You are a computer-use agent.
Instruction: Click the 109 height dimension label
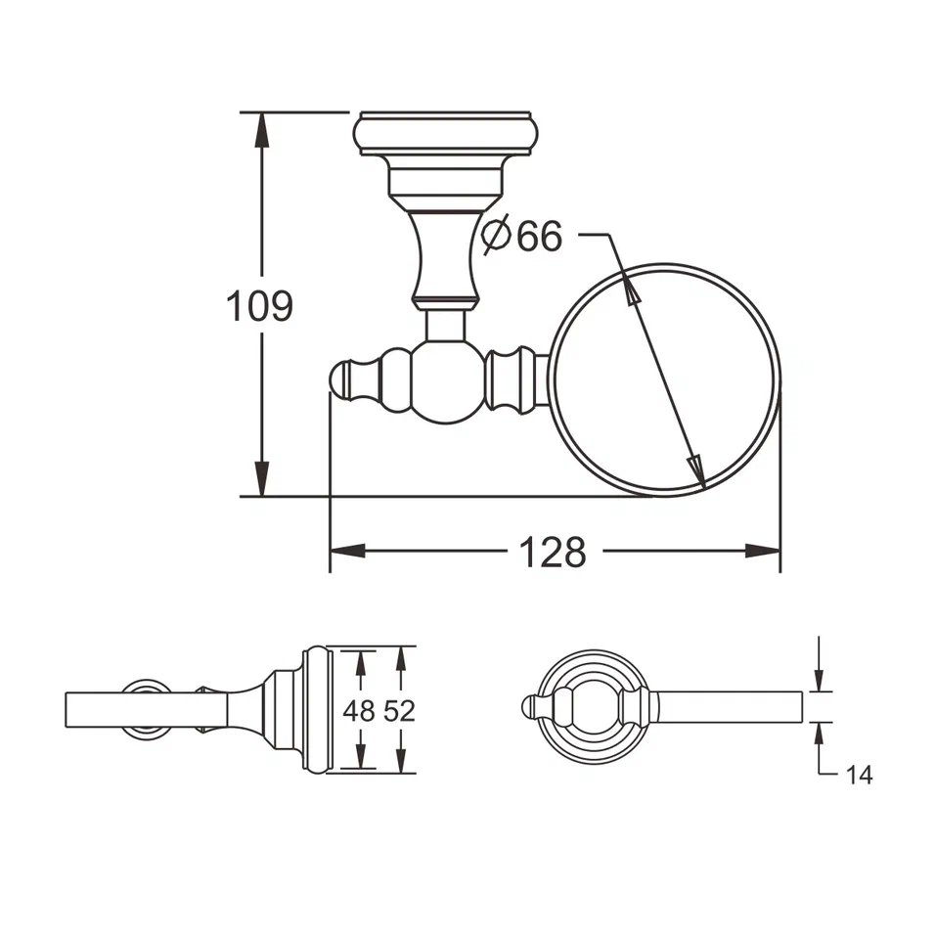tap(259, 306)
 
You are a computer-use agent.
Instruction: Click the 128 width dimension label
tap(552, 553)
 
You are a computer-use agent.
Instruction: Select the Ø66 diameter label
tap(523, 236)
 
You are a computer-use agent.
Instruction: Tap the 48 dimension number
tap(360, 711)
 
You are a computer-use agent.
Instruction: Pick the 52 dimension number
tap(399, 711)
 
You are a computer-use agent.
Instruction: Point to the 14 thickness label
tap(859, 776)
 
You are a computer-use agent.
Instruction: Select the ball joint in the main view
tap(446, 381)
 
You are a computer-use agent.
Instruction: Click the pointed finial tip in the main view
tap(338, 380)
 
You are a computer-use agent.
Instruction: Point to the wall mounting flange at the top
tap(447, 134)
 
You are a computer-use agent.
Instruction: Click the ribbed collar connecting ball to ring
tap(511, 380)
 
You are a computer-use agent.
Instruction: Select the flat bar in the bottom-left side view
tap(147, 709)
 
